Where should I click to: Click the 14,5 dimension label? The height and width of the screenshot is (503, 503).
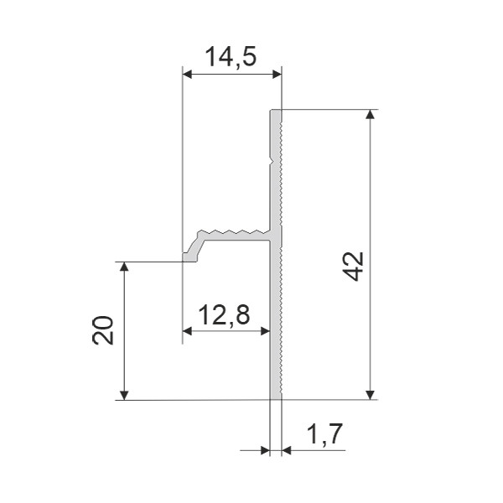231,57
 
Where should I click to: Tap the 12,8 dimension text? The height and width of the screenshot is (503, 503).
224,314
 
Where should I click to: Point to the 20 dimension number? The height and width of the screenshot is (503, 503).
103,330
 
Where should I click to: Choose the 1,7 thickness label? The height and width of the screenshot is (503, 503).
325,434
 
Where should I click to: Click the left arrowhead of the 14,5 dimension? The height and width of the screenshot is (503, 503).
187,75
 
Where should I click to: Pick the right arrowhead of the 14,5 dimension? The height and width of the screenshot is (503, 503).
277,75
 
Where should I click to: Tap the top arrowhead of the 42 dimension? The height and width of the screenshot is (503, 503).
371,114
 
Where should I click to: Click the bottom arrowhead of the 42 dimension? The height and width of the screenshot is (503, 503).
371,395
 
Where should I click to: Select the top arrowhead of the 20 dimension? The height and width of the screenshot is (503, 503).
124,267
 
